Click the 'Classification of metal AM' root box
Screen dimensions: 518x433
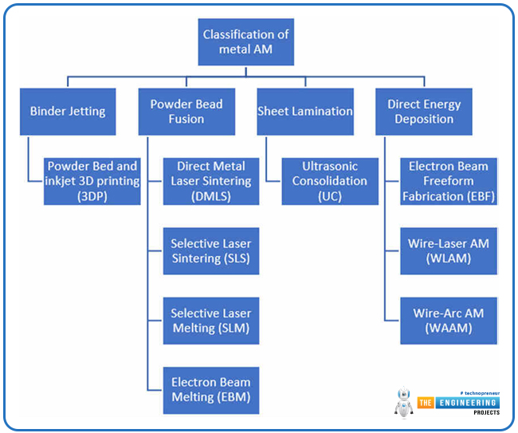[245, 41]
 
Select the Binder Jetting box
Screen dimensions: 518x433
[68, 112]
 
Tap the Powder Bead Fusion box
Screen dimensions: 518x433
[186, 112]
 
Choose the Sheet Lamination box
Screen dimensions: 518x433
[305, 112]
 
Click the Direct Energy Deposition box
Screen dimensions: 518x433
[424, 112]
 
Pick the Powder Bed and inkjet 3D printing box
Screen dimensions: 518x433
[92, 181]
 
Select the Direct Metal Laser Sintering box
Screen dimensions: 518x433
[211, 181]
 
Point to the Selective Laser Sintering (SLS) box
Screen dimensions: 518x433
[211, 251]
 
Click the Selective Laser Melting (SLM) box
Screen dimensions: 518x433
[211, 321]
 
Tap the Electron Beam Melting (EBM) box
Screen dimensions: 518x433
[211, 391]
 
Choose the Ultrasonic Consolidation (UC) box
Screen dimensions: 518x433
[330, 181]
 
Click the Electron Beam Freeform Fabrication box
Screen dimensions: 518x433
[449, 181]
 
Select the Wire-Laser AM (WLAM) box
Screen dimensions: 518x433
[449, 251]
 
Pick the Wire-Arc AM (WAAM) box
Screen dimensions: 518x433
[449, 321]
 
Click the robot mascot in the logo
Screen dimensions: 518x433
[404, 402]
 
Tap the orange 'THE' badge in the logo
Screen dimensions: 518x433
[426, 403]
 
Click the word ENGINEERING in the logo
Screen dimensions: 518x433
[468, 403]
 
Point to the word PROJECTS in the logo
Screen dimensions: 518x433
[487, 412]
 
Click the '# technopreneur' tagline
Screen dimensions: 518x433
[480, 393]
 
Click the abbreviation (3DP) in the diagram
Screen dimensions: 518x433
[92, 196]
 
